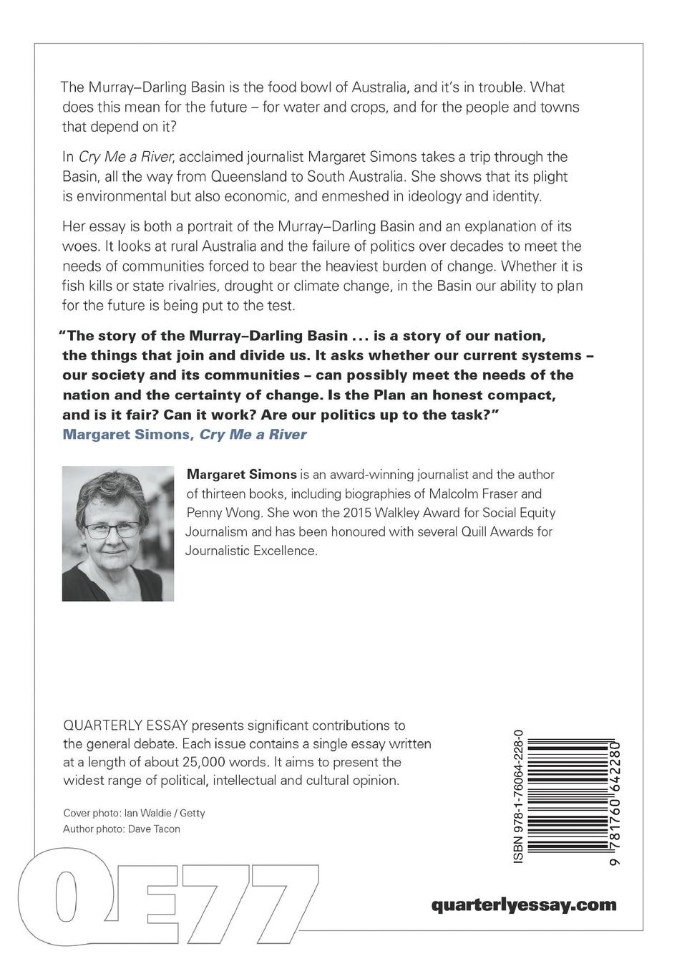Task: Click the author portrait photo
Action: coord(118,534)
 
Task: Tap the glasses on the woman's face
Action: coord(113,531)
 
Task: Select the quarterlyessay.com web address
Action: coord(524,905)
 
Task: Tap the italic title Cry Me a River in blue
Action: coord(253,434)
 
